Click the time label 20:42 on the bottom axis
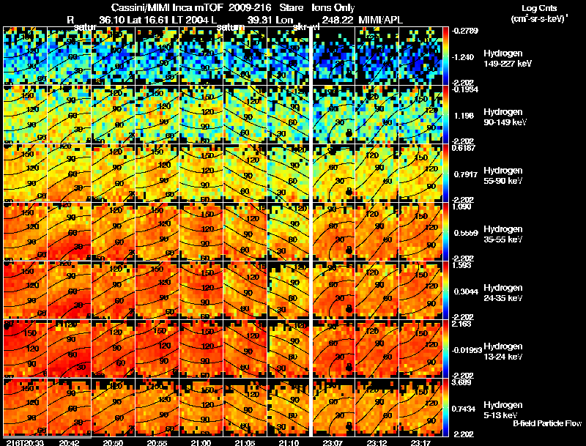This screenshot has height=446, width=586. [69, 442]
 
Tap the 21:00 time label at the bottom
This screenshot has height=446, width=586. [200, 442]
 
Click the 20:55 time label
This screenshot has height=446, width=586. [156, 442]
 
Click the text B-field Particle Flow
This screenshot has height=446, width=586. [547, 423]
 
